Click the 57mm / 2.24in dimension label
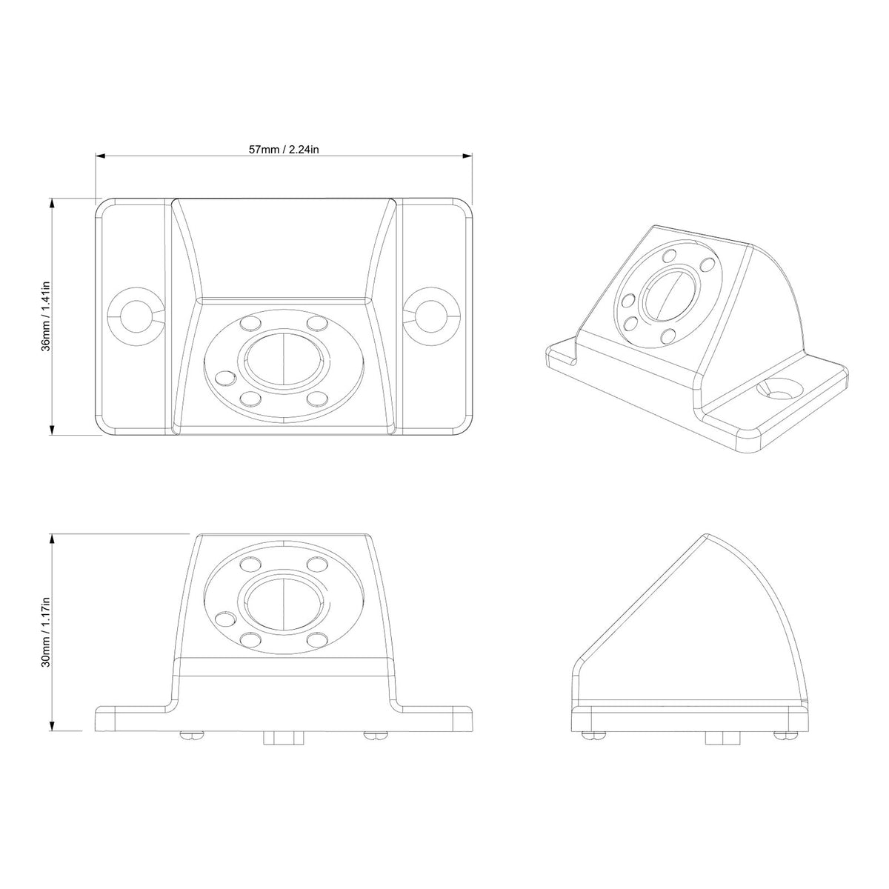(284, 149)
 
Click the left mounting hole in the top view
(135, 316)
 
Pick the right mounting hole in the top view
(433, 316)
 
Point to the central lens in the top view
(284, 364)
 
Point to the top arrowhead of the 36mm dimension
(52, 202)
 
